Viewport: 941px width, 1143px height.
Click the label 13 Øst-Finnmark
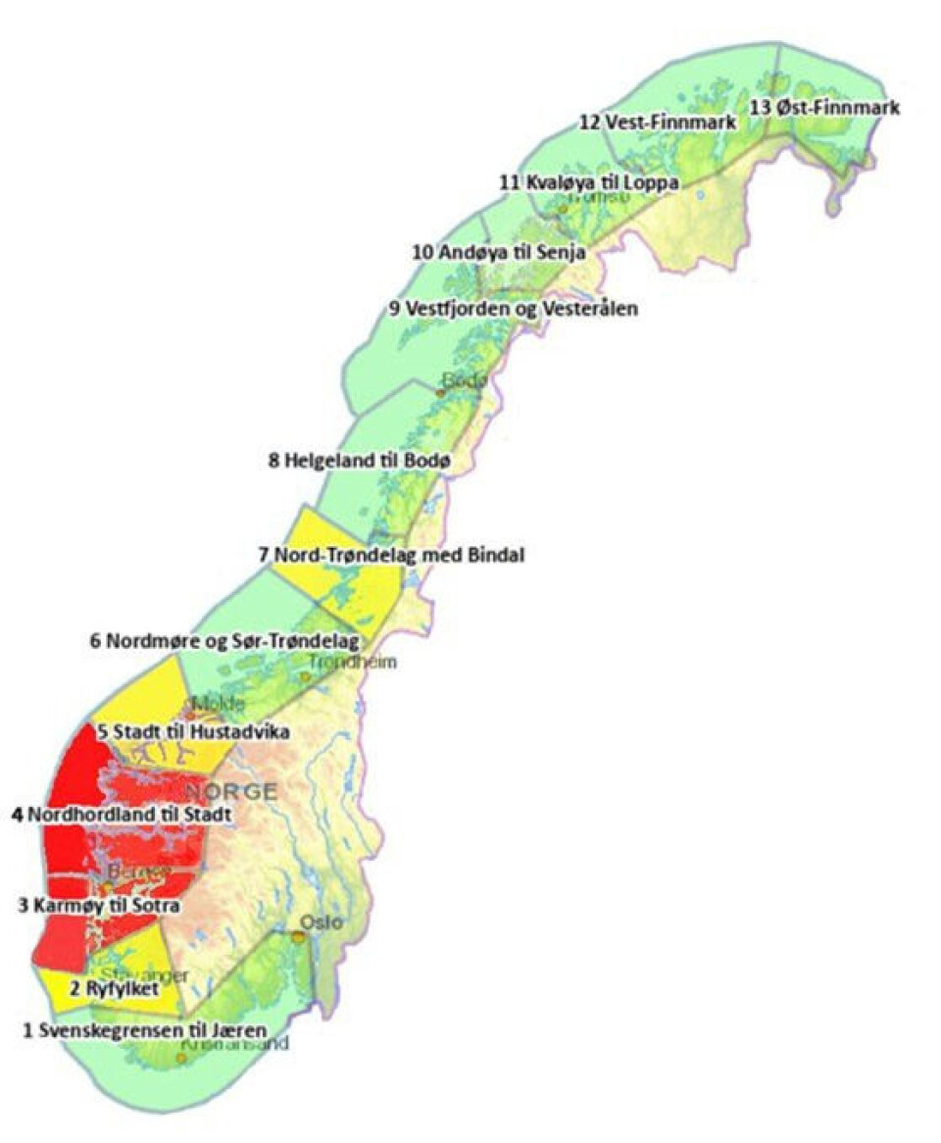point(824,108)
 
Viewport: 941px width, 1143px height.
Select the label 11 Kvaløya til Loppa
point(588,182)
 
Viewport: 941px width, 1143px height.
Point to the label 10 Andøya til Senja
point(499,252)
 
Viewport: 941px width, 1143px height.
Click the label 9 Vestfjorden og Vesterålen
point(513,309)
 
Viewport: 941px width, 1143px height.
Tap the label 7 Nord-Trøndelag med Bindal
point(391,555)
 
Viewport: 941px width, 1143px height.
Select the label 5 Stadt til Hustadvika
point(192,731)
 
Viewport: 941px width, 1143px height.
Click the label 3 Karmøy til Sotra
point(99,906)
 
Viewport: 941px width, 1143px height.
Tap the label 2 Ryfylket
point(114,987)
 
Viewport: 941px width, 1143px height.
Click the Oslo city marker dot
point(299,938)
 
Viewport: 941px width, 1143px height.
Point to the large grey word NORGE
point(231,791)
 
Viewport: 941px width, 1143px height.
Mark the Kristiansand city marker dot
point(181,1059)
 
